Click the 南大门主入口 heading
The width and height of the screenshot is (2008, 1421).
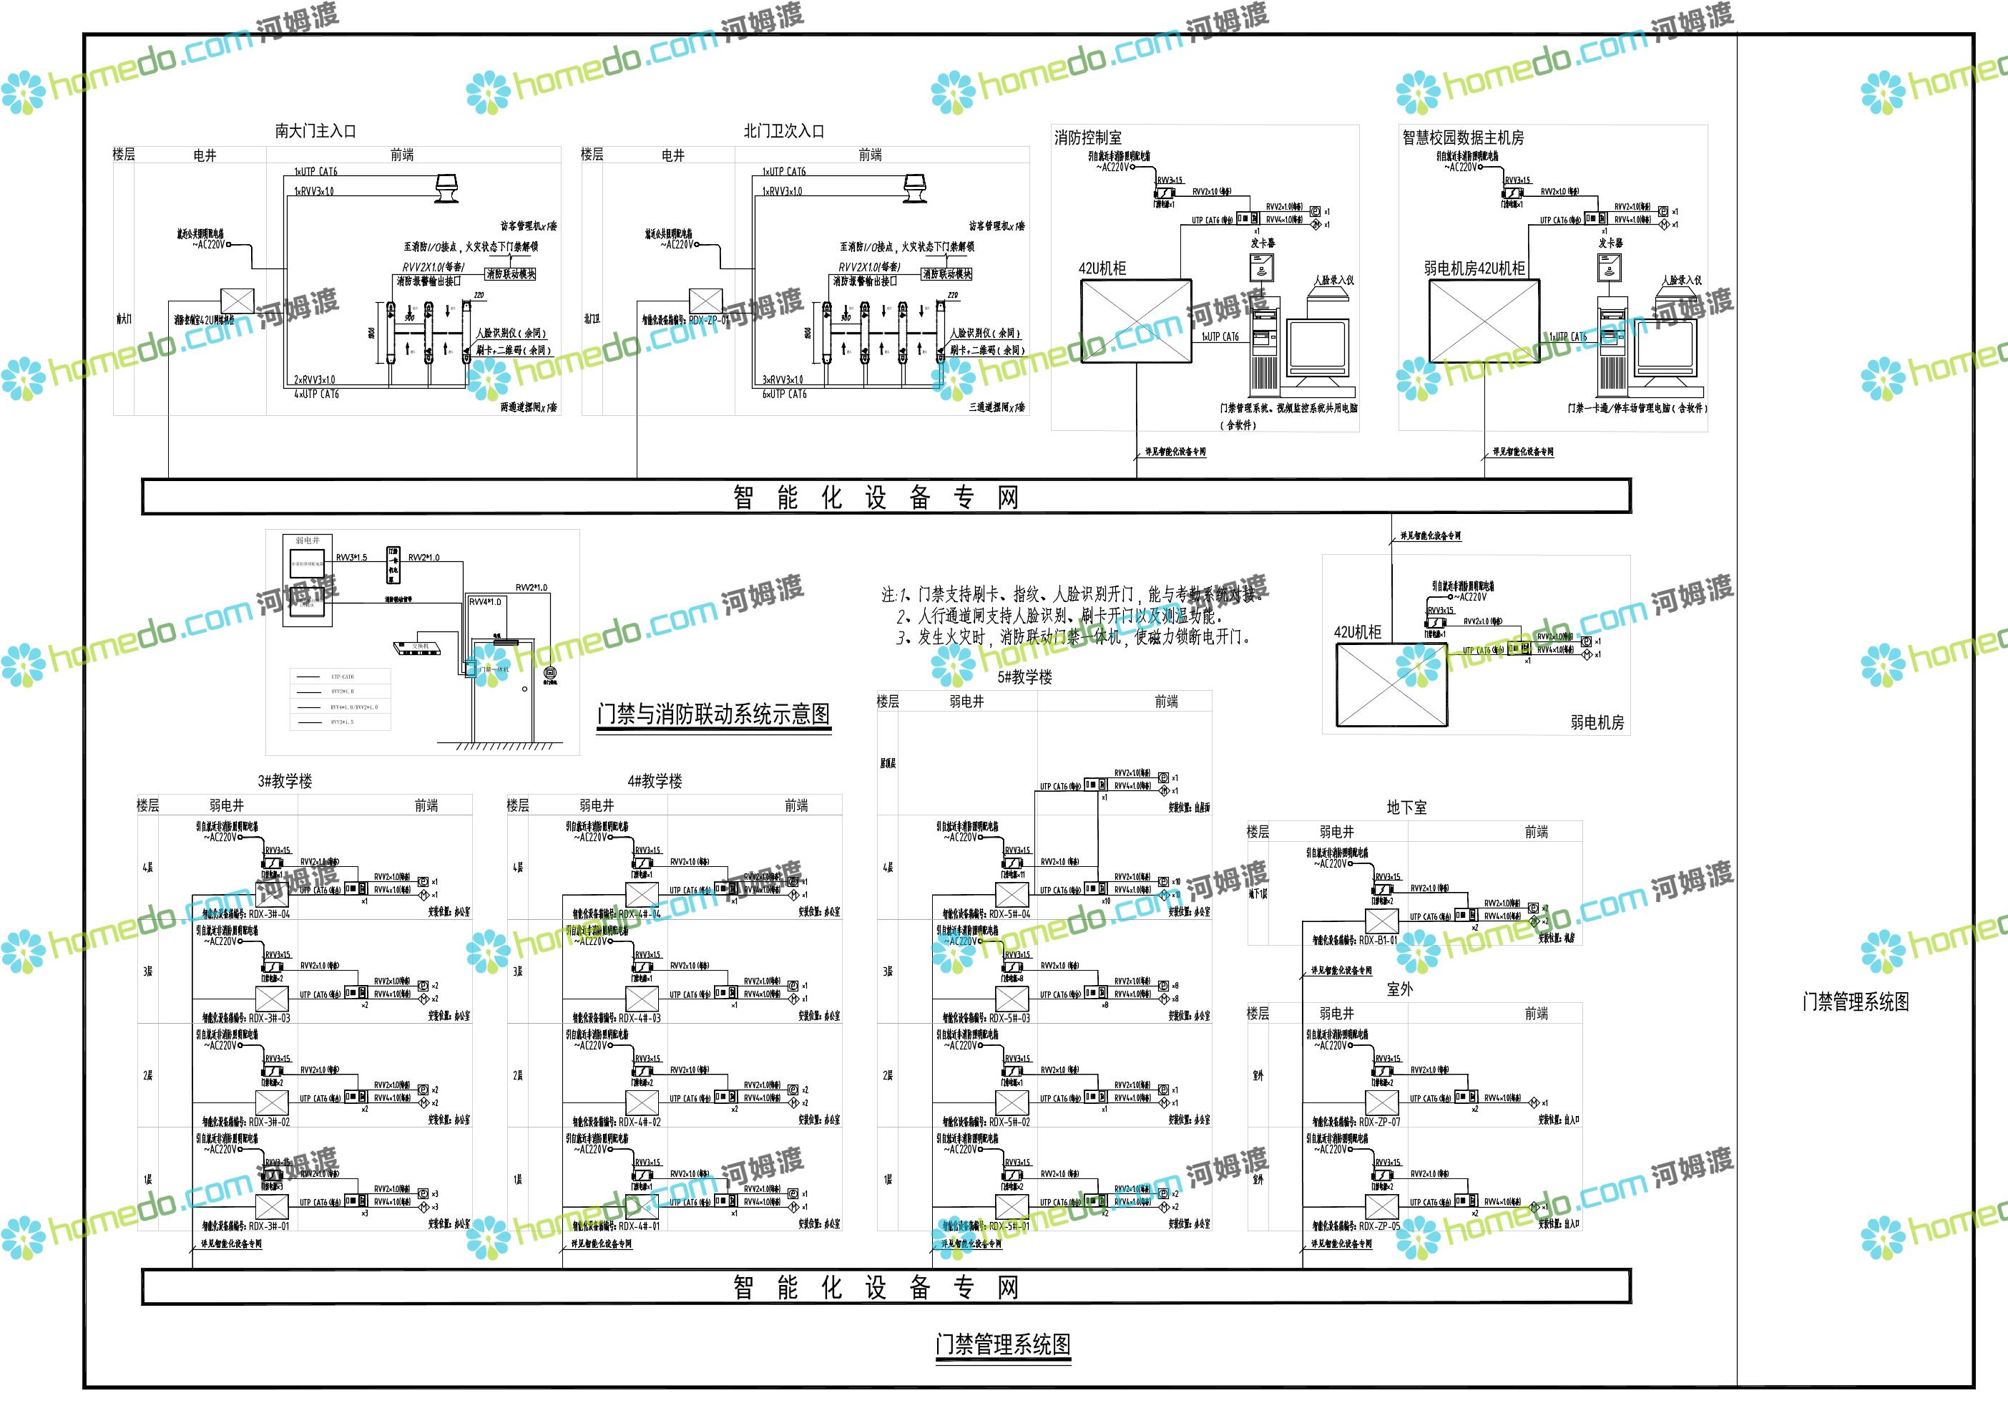pyautogui.click(x=315, y=131)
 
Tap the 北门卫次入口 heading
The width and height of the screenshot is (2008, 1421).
pyautogui.click(x=783, y=131)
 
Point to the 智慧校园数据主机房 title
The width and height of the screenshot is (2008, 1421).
pyautogui.click(x=1462, y=137)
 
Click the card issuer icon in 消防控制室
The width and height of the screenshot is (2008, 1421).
pyautogui.click(x=1262, y=266)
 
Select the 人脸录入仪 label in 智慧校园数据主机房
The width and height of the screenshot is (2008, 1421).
pyautogui.click(x=1682, y=280)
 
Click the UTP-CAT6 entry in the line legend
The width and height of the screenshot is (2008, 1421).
pyautogui.click(x=342, y=676)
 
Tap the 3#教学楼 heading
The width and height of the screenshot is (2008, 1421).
pyautogui.click(x=285, y=782)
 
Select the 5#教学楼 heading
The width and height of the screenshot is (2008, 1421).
pyautogui.click(x=1024, y=677)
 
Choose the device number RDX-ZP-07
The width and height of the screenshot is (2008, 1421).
pyautogui.click(x=1379, y=1122)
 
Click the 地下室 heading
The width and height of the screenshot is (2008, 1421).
pyautogui.click(x=1406, y=808)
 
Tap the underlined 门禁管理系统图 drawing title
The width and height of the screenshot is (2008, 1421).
pyautogui.click(x=1002, y=1345)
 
